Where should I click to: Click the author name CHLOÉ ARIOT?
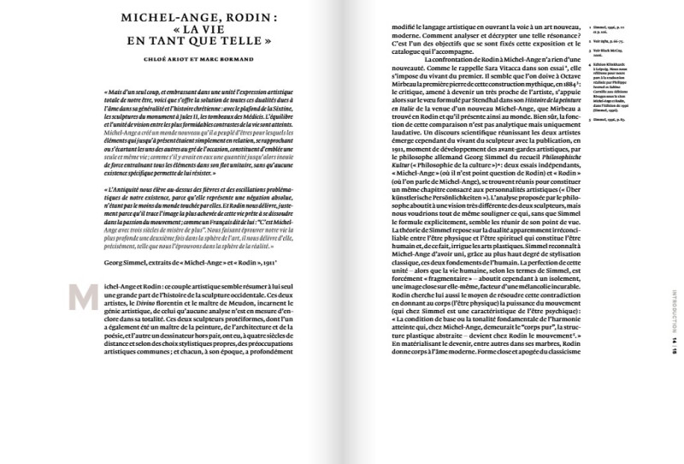pyautogui.click(x=162, y=61)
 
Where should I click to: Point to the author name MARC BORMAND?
pyautogui.click(x=231, y=61)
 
